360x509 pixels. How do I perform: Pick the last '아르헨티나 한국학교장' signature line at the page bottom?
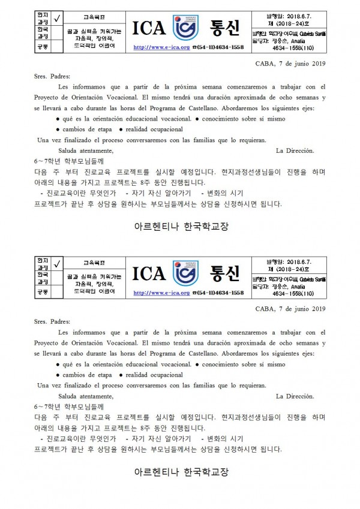(179, 473)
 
